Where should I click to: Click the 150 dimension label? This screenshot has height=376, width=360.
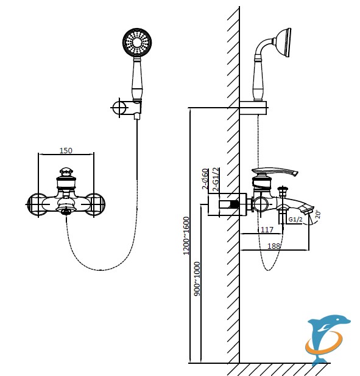(x=66, y=150)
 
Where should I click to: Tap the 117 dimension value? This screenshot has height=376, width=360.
(x=267, y=229)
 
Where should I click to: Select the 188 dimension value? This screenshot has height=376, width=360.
(x=274, y=246)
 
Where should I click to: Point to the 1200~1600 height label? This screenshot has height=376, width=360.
(x=186, y=235)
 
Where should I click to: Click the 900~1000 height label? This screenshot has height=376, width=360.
(x=197, y=279)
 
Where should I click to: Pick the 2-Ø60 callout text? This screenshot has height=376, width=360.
(x=205, y=179)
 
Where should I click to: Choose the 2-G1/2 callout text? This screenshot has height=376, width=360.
(x=216, y=179)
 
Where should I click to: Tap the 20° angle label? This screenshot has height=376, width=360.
(x=318, y=214)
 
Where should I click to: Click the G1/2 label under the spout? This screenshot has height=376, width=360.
(x=295, y=219)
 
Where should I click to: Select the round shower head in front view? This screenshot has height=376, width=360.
(x=137, y=43)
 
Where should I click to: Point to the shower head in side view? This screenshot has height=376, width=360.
(x=284, y=43)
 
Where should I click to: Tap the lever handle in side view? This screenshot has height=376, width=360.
(x=275, y=172)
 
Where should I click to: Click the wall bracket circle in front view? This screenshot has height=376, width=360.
(x=119, y=108)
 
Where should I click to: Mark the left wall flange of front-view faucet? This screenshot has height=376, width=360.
(x=37, y=204)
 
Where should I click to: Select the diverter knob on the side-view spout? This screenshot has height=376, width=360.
(x=283, y=191)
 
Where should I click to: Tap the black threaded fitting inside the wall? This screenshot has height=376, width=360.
(x=235, y=204)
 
